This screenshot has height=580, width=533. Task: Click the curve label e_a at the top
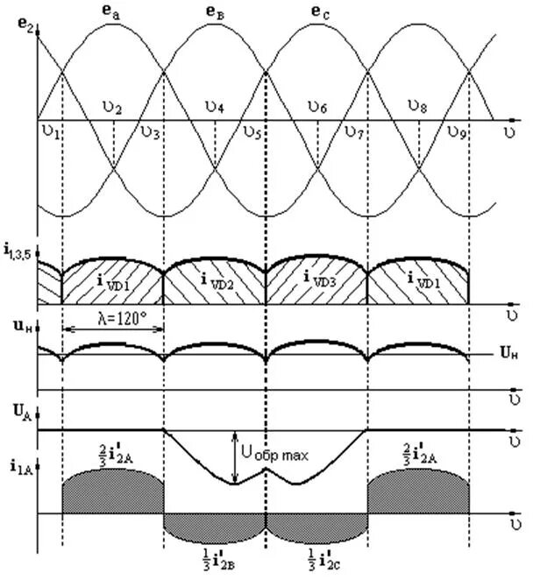(x=114, y=11)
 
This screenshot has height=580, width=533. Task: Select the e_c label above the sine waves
(x=318, y=11)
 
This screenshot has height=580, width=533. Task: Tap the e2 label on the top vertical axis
(x=24, y=25)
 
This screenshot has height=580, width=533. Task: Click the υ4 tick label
(x=215, y=108)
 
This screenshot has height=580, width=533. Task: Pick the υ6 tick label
(x=316, y=108)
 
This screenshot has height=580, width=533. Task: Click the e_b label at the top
(x=214, y=11)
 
